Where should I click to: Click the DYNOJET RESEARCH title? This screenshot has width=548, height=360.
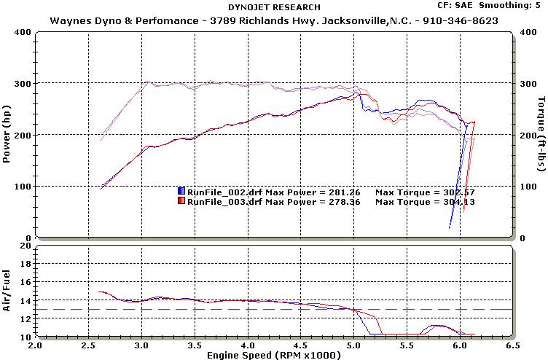273,7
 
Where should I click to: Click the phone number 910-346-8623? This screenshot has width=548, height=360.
463,20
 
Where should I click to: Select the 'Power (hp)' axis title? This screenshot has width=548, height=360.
7,135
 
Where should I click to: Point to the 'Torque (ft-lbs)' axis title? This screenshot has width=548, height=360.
540,135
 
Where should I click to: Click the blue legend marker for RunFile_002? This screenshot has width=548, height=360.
181,192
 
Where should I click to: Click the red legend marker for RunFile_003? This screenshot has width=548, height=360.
181,202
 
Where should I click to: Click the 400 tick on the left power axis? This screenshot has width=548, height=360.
23,32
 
